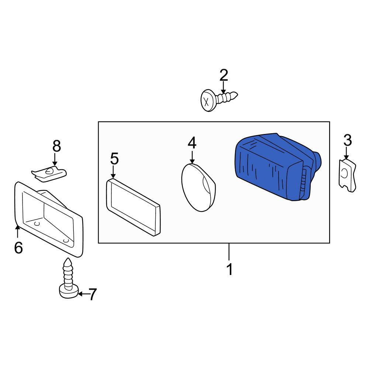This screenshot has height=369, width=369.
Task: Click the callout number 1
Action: click(x=229, y=269)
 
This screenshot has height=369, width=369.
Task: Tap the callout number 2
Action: click(x=224, y=75)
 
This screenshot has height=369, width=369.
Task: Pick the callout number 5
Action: click(x=114, y=158)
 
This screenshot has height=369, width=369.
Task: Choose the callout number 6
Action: click(x=18, y=248)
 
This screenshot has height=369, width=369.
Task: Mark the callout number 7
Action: click(x=92, y=294)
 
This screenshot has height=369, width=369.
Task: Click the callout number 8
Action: click(x=56, y=146)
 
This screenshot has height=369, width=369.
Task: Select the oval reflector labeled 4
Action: click(x=199, y=187)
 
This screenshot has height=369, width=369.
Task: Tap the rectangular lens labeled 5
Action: click(x=133, y=207)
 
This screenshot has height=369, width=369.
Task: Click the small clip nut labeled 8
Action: click(x=49, y=173)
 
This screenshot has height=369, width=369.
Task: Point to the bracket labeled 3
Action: click(x=347, y=175)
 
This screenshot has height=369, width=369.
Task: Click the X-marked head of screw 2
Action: click(x=207, y=100)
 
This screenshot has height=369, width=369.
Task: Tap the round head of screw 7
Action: click(x=69, y=292)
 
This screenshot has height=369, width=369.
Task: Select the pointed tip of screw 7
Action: click(x=68, y=259)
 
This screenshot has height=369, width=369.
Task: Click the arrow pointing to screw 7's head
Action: click(x=83, y=294)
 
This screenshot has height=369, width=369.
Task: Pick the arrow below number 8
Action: click(x=55, y=159)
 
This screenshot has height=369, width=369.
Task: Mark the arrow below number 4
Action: click(x=192, y=157)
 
